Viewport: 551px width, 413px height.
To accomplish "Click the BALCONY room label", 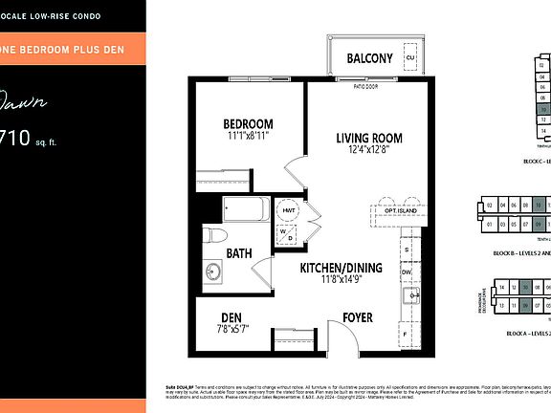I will coord(369,58).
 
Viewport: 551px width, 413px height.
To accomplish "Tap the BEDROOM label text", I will coord(249,124).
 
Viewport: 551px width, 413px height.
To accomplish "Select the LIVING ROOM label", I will coord(369,138).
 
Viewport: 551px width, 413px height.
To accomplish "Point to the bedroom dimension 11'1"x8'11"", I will coord(249,138).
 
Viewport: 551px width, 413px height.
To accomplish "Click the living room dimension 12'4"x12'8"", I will coord(369,151).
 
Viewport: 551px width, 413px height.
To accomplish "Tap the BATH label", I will coord(239,253).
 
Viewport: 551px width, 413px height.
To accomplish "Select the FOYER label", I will coord(358,318).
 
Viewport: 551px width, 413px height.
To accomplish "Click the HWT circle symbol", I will coord(287,209).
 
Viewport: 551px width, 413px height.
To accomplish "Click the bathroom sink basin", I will coord(213,272).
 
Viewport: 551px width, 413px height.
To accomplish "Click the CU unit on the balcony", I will coord(410,57).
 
